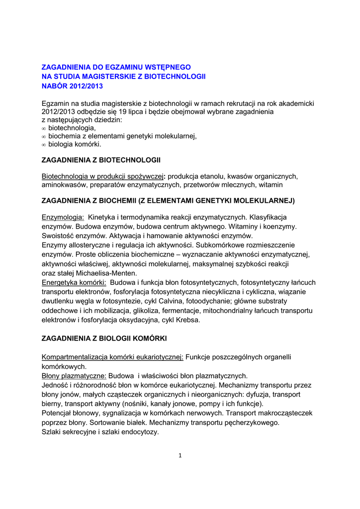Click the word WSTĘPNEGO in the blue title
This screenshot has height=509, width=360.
point(168,67)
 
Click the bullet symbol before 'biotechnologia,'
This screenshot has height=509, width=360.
point(44,129)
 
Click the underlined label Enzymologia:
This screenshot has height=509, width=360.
point(63,217)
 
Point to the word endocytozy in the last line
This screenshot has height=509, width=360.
point(140,432)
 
